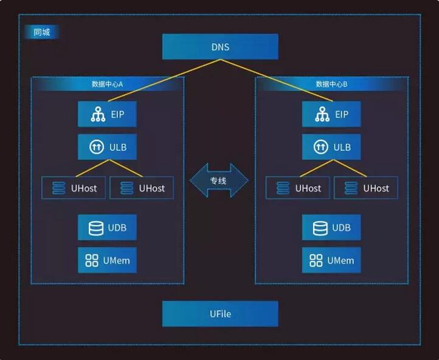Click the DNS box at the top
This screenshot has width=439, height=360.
tap(220, 47)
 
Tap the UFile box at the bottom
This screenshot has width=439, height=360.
tap(220, 314)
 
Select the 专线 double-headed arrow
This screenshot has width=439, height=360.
tap(219, 181)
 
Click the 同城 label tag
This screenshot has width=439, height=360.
tap(42, 33)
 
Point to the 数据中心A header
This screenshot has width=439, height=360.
tap(107, 84)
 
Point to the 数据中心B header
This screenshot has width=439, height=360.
tap(331, 84)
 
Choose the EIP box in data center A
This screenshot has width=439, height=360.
tap(107, 114)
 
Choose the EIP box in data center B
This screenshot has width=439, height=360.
tap(331, 114)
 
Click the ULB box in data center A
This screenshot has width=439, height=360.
tap(107, 147)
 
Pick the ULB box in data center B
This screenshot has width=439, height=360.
tap(331, 147)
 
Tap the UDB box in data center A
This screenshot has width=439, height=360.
tap(107, 227)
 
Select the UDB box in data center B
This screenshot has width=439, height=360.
tap(331, 227)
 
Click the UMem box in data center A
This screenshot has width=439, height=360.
tap(107, 260)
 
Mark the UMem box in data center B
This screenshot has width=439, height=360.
tap(331, 260)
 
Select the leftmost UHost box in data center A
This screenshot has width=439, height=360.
tap(74, 188)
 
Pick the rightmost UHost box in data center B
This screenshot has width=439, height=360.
tap(366, 188)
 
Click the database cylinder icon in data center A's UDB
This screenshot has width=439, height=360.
tap(95, 228)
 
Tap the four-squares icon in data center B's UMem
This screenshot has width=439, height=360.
tap(316, 261)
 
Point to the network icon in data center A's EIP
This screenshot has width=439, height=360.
tap(97, 114)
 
